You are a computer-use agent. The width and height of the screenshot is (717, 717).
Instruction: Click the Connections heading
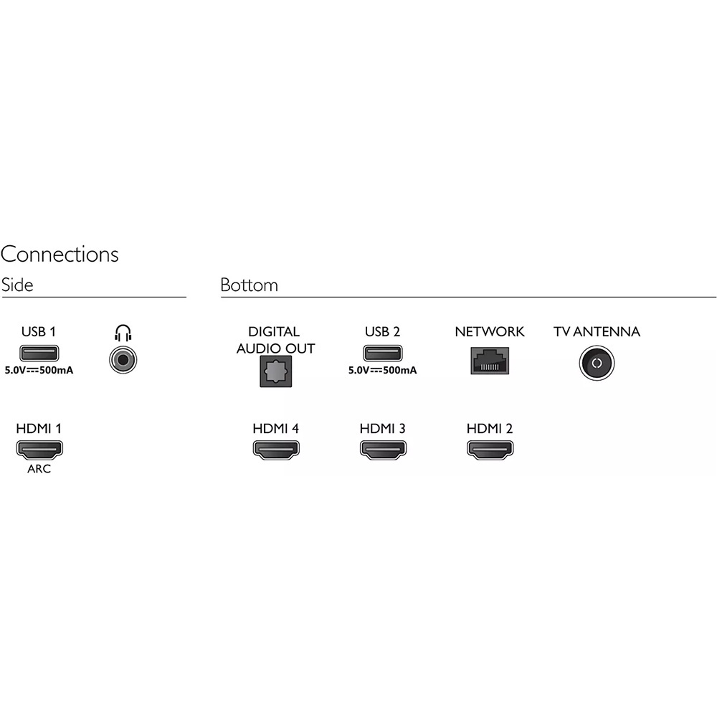60,255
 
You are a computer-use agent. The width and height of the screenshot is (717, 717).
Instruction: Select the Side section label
17,285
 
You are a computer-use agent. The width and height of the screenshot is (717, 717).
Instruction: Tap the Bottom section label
250,285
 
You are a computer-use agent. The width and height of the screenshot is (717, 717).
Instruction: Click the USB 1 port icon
39,353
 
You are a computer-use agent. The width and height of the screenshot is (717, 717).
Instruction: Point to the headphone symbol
123,333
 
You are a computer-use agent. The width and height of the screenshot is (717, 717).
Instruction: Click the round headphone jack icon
123,360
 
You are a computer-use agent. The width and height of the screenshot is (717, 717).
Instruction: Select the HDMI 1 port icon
39,450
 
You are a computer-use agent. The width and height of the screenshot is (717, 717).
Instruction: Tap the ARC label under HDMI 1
39,469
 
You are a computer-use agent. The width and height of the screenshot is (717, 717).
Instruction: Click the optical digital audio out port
276,371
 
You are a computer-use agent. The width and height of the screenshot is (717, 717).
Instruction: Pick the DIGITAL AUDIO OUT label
275,340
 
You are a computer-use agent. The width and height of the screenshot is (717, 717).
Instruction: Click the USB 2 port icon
383,353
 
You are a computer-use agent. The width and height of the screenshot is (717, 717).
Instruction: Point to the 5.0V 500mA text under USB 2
383,371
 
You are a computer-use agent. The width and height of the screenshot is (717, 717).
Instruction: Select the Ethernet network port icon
490,361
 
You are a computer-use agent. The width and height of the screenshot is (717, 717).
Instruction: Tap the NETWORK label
489,331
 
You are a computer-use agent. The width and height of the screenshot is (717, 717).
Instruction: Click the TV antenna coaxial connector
597,363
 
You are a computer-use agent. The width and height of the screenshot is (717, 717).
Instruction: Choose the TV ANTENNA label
597,331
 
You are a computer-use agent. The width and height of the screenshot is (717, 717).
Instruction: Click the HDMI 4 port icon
276,450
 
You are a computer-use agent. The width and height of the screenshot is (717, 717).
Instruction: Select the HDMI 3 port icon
383,450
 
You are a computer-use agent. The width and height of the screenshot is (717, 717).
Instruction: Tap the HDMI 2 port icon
490,450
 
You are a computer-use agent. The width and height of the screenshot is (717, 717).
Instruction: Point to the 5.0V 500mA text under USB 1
39,371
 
